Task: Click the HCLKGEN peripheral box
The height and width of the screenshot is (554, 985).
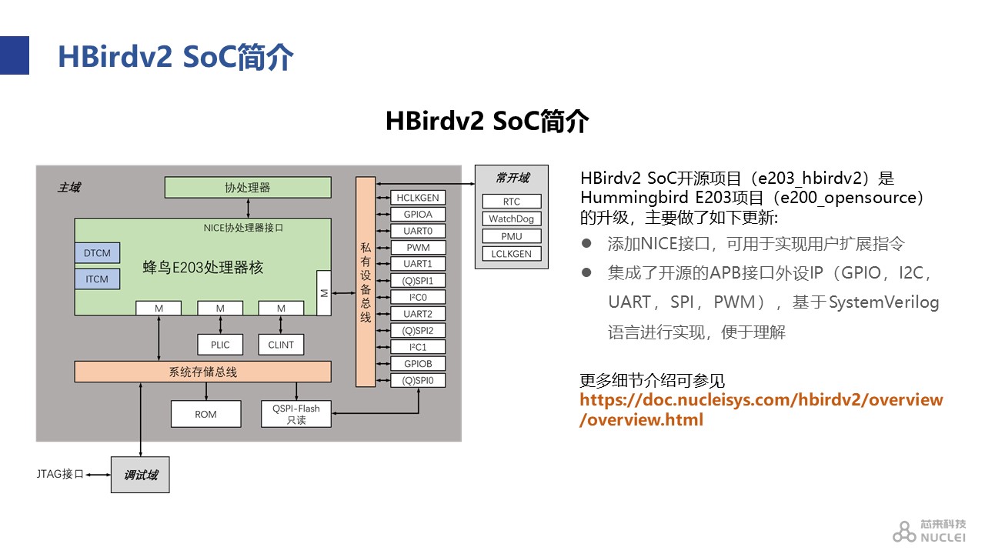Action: coord(418,198)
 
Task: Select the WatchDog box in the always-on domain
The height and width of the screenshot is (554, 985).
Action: coord(512,219)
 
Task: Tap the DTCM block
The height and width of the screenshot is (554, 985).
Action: coord(97,253)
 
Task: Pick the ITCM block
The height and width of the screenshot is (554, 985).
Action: coord(97,279)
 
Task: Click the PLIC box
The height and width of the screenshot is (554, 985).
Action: coord(220,345)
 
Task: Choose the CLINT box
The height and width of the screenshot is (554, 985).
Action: coord(281,345)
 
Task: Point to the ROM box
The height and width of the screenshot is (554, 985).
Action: coord(205,414)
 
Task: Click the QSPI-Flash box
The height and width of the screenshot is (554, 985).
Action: coord(296,414)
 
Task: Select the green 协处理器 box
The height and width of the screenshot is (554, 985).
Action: coord(248,187)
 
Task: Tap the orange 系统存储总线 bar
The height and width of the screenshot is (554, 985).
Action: coord(202,372)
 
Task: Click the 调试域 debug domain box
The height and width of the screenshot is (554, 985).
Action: coord(140,475)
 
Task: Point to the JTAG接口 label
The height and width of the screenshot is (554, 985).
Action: coord(60,474)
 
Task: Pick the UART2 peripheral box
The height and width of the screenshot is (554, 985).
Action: coord(418,313)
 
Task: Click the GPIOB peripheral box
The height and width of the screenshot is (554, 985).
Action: coord(418,364)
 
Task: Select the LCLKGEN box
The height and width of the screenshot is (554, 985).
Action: coord(512,254)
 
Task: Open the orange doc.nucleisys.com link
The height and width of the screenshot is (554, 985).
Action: coord(761,409)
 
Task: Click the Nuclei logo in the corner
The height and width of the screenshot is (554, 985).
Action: coord(929,531)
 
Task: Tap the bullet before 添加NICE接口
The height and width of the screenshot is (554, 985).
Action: coord(586,243)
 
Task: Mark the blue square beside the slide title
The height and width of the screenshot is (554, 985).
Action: coord(15,55)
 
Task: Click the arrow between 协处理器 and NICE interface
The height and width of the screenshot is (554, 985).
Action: coord(248,209)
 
